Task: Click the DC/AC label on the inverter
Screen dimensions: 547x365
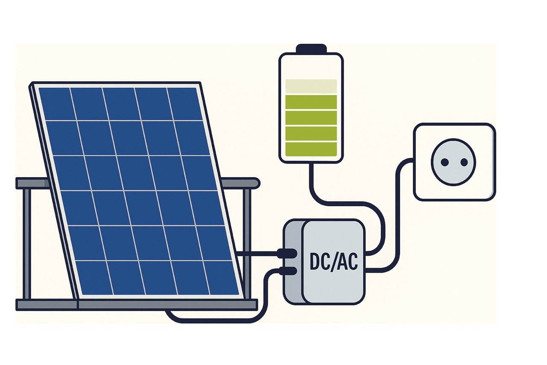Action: pos(333,262)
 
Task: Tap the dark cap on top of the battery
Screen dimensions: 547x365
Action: pos(311,48)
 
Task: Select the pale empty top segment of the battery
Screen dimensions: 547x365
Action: pos(311,86)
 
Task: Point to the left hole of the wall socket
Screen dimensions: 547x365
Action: pos(444,162)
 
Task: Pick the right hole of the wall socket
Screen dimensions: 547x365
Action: pos(464,162)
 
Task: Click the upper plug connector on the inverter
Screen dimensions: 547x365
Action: pos(288,253)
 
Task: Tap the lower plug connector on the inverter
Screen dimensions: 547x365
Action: pos(288,271)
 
